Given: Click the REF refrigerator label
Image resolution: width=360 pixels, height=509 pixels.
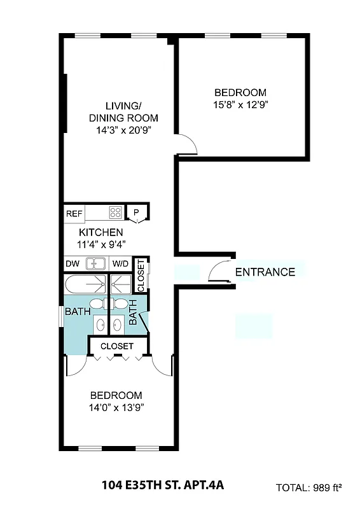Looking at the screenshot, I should point(74,213).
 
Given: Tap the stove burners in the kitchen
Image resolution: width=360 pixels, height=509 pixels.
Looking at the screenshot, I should point(115,212).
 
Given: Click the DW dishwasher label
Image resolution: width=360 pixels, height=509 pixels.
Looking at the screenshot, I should point(72,263).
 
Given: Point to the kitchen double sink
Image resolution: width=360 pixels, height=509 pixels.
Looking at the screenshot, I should point(96,263).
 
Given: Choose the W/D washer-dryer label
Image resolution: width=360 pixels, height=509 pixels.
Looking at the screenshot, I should point(120,263).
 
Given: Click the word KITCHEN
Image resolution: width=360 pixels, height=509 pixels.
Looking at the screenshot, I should point(101,232).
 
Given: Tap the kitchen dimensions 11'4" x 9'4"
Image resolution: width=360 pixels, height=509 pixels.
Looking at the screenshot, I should point(101,244).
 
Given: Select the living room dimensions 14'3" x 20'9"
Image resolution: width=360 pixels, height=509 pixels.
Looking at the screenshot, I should point(123,130).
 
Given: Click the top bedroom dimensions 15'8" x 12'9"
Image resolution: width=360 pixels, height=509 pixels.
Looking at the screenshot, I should point(240,105).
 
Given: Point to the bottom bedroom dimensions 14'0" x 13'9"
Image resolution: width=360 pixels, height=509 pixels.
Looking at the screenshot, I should point(116,407).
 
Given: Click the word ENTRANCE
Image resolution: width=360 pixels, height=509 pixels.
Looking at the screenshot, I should point(265,272).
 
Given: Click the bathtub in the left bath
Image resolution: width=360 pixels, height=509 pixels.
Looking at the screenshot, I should point(86,283).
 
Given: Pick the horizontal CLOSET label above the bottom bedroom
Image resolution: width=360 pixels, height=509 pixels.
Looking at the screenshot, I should point(117,346).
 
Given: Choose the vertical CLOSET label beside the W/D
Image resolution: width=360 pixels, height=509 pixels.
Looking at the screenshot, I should point(141,275).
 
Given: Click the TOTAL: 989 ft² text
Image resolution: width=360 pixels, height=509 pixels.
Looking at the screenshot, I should point(308,488).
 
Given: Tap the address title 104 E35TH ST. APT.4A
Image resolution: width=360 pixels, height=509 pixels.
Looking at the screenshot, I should point(163,486).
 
